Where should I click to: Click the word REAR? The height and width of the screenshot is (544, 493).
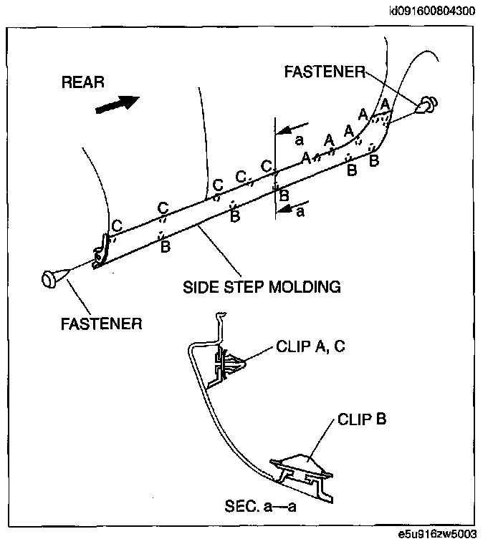pos(83,82)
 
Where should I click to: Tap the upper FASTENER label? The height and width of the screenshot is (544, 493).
pos(325,72)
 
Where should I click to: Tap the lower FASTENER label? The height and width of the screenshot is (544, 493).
pos(100,323)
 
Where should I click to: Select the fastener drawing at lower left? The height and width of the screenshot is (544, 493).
pos(52,278)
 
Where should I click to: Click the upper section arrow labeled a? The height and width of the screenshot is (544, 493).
pos(293,131)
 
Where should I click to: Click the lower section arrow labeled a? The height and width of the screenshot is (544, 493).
pos(293,210)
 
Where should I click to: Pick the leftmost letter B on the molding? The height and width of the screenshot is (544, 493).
pos(165,248)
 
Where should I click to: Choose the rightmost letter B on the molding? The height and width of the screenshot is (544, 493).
pos(373,161)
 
